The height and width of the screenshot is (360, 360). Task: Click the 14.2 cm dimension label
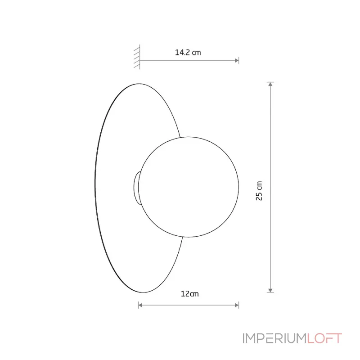188,53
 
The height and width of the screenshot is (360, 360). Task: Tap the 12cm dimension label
189,294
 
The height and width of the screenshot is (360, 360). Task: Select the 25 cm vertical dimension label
259,191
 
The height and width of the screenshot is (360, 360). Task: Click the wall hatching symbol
137,57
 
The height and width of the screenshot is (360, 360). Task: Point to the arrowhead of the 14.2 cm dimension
237,61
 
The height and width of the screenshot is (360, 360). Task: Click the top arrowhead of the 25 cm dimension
270,84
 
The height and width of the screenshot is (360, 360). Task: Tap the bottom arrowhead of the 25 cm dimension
270,290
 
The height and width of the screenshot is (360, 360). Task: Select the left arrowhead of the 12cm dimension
140,305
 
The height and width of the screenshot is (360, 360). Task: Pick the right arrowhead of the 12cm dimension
237,305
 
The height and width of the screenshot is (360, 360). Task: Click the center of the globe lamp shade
189,187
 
